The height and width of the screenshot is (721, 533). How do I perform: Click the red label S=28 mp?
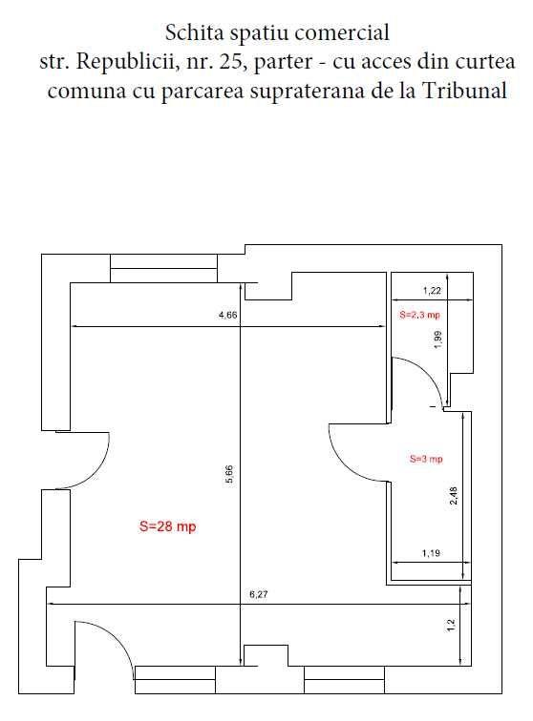click(167, 526)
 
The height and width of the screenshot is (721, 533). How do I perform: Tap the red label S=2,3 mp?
click(419, 315)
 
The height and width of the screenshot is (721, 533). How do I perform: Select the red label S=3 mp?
click(426, 459)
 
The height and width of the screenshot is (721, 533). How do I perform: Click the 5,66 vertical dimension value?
click(229, 474)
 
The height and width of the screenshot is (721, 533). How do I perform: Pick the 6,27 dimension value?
click(258, 595)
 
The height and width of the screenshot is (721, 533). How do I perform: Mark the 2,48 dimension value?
click(453, 496)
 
